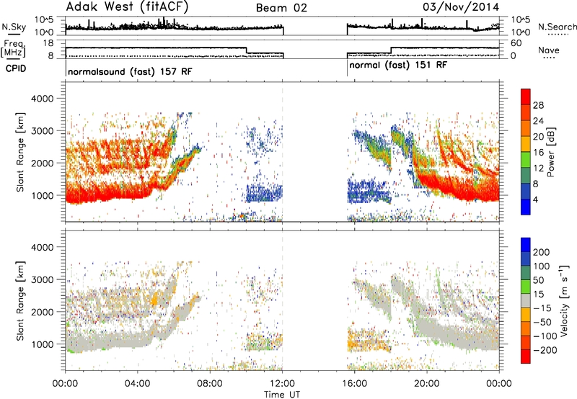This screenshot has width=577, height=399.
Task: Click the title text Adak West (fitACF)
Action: click(x=127, y=6)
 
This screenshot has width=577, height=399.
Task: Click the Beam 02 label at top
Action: click(x=281, y=8)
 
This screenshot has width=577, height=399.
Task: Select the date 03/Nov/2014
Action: click(x=461, y=7)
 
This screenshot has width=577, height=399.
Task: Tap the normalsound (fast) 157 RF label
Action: click(x=130, y=71)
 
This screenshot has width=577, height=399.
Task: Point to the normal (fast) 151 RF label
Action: click(x=398, y=65)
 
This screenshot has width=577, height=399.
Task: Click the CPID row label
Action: click(x=16, y=68)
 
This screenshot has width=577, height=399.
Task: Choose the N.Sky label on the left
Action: click(x=14, y=27)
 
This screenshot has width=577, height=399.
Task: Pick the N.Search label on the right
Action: click(x=557, y=27)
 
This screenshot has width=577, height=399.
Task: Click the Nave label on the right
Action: click(x=549, y=50)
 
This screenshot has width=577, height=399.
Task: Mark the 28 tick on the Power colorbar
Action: click(x=538, y=105)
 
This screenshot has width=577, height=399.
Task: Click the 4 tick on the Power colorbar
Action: click(x=535, y=199)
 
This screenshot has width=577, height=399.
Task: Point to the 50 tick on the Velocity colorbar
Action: click(x=538, y=280)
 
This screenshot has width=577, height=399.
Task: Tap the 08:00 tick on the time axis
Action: click(x=210, y=384)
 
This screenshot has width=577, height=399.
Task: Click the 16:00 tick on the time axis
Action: click(x=354, y=384)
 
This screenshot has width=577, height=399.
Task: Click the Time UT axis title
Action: click(x=282, y=394)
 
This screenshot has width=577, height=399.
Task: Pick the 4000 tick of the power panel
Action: click(x=42, y=99)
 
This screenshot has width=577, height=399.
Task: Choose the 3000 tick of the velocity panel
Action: click(x=42, y=279)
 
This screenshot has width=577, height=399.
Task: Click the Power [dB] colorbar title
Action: click(x=550, y=152)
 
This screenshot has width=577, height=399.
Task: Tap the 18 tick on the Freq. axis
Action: click(x=48, y=43)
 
